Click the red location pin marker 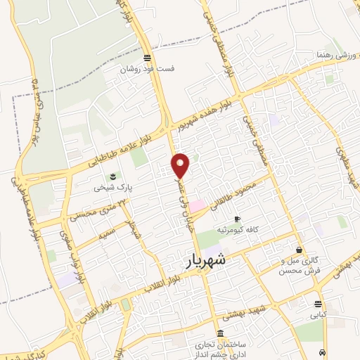coord(181,165)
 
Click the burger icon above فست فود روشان coord(146,58)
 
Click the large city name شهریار coord(208,259)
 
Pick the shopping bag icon coord(300,250)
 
